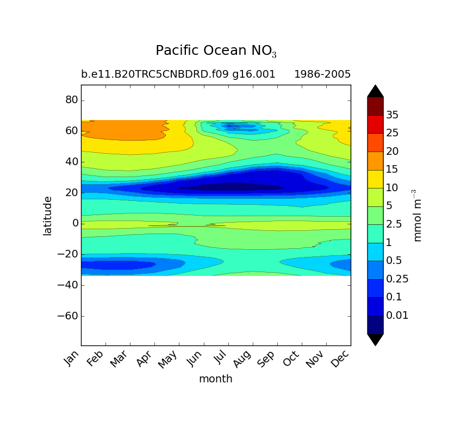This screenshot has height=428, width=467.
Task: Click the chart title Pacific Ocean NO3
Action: tap(216, 51)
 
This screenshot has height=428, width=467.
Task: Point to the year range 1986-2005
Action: tap(322, 74)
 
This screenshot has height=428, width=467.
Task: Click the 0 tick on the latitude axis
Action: tap(75, 223)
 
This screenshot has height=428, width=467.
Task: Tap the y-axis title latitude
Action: tap(48, 216)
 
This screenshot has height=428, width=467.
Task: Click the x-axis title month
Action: tap(215, 379)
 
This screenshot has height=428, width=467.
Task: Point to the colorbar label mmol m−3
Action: tap(418, 216)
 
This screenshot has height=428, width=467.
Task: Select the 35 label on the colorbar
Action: tap(393, 115)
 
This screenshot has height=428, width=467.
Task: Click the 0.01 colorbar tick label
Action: tap(397, 316)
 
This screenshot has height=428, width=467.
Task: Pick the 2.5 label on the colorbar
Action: tap(394, 224)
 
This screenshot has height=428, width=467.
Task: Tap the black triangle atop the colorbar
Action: tap(375, 91)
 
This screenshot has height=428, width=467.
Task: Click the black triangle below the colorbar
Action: tap(375, 339)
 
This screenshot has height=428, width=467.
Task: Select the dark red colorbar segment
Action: tap(375, 106)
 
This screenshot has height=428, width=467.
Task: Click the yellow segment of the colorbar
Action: tap(375, 179)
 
